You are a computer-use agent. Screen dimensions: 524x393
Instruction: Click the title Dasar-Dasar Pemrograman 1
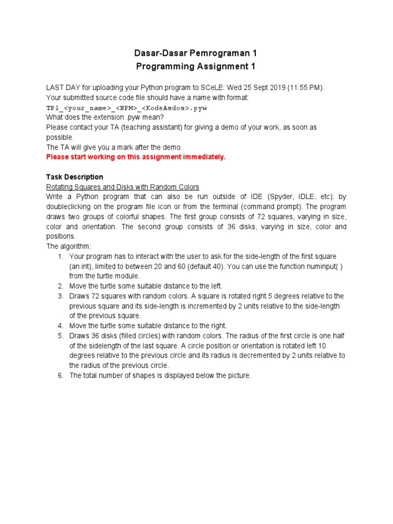pyautogui.click(x=195, y=53)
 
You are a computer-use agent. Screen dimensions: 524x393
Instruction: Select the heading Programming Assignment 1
pyautogui.click(x=195, y=67)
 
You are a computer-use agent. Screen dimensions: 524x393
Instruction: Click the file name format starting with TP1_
pyautogui.click(x=126, y=108)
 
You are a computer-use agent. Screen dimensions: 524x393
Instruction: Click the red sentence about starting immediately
pyautogui.click(x=136, y=157)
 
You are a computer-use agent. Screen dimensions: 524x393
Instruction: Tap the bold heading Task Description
pyautogui.click(x=75, y=177)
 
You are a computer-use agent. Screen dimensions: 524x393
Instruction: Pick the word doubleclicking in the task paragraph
pyautogui.click(x=68, y=207)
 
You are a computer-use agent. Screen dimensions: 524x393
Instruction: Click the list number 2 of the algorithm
pyautogui.click(x=60, y=286)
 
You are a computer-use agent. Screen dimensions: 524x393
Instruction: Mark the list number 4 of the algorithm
pyautogui.click(x=60, y=326)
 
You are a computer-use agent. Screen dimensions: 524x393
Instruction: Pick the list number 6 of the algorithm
pyautogui.click(x=60, y=376)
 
